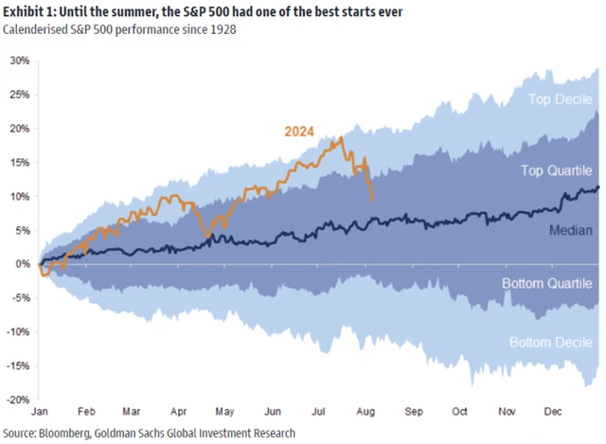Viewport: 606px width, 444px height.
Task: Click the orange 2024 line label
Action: point(299,131)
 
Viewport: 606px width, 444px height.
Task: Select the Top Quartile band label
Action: point(558,170)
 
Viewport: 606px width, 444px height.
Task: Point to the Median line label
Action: point(571,230)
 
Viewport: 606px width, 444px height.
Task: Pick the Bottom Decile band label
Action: point(551,342)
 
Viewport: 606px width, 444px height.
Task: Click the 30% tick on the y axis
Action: point(19,60)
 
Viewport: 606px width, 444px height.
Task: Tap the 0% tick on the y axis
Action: point(22,264)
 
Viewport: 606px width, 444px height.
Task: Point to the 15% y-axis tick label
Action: point(19,162)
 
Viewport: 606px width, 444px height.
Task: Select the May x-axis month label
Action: point(224,414)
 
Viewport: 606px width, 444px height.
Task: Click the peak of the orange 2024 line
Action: point(341,137)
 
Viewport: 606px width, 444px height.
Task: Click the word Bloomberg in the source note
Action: point(65,432)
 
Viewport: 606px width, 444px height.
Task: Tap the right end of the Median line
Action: point(598,187)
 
